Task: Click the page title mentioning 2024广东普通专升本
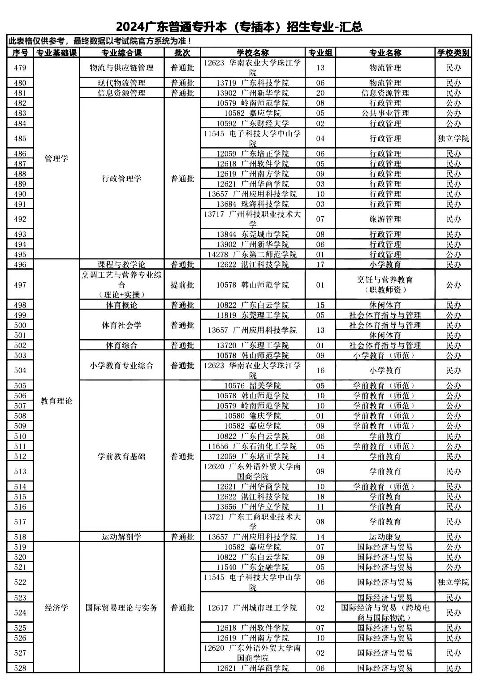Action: pyautogui.click(x=239, y=27)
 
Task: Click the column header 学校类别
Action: pyautogui.click(x=453, y=53)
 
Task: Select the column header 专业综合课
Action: pyautogui.click(x=121, y=53)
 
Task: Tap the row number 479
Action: pyautogui.click(x=20, y=68)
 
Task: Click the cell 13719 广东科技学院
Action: pyautogui.click(x=252, y=83)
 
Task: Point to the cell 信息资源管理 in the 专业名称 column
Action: pyautogui.click(x=385, y=93)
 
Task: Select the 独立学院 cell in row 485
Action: pyautogui.click(x=453, y=139)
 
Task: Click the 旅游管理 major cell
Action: pyautogui.click(x=385, y=219)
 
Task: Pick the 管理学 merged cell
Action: pyautogui.click(x=56, y=159)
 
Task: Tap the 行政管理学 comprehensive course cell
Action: pyautogui.click(x=121, y=179)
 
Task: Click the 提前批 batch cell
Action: pyautogui.click(x=182, y=285)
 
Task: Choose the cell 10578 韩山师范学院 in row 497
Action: pyautogui.click(x=252, y=285)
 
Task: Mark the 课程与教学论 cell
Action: pyautogui.click(x=121, y=265)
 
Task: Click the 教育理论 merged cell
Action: pyautogui.click(x=56, y=401)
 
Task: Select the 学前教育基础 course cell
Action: pyautogui.click(x=121, y=456)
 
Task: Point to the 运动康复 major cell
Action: pyautogui.click(x=385, y=537)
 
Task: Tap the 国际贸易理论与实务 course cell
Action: pyautogui.click(x=121, y=608)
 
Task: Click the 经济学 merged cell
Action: pyautogui.click(x=56, y=608)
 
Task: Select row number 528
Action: pyautogui.click(x=20, y=668)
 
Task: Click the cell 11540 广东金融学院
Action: pyautogui.click(x=252, y=567)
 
